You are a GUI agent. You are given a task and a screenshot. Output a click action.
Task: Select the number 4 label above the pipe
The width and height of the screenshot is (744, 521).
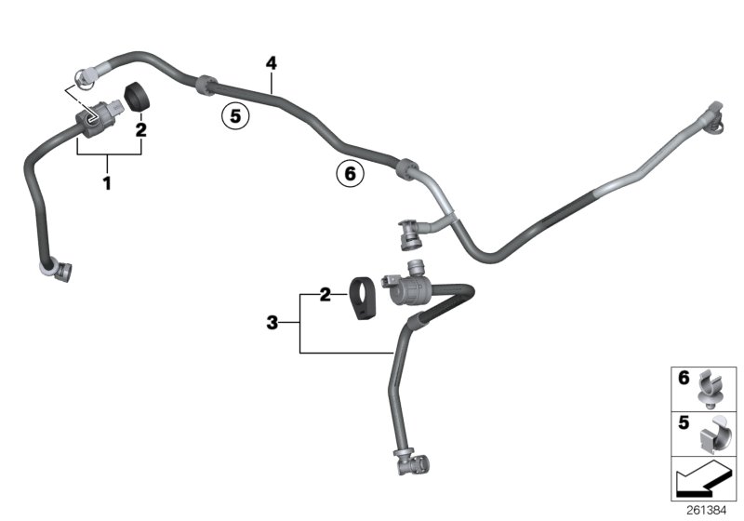tap(271, 63)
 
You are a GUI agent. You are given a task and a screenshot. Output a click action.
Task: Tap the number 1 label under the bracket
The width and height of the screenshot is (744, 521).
tap(107, 183)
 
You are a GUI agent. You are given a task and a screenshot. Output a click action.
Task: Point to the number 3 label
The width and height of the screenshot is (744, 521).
tap(272, 323)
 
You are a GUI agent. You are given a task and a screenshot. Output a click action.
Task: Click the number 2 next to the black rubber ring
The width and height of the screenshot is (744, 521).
tap(140, 130)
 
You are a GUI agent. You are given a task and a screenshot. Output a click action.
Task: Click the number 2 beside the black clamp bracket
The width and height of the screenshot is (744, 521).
tap(325, 295)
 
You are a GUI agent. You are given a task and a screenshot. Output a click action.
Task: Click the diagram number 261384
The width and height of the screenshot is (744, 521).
tap(713, 510)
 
